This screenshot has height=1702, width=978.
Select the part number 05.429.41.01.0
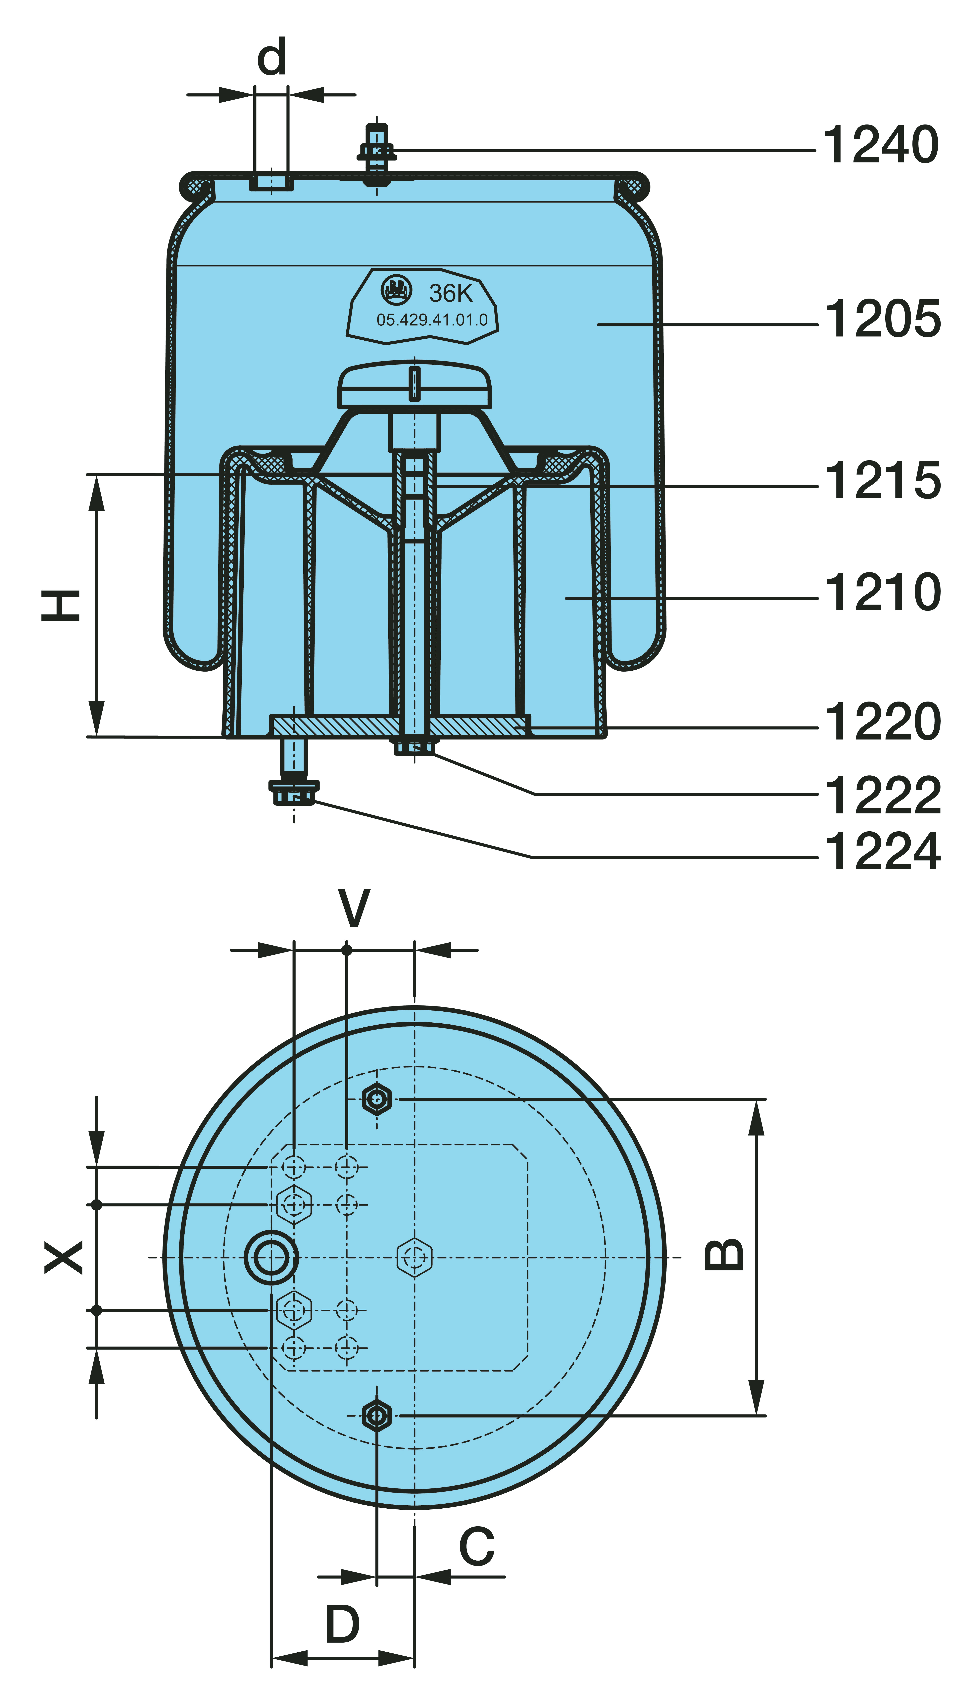pos(432,320)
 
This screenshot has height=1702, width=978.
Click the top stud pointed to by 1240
pos(377,153)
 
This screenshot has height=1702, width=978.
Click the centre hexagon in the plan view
pos(414,1257)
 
